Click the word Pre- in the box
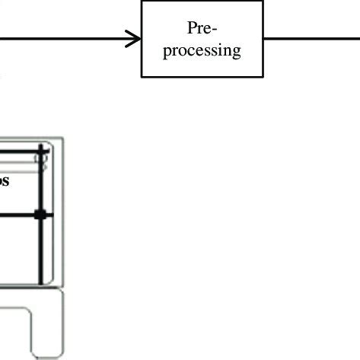click(x=201, y=28)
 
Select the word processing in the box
click(x=202, y=50)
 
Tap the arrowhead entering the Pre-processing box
click(x=135, y=39)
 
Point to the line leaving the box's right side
click(x=312, y=39)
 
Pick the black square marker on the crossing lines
click(x=41, y=215)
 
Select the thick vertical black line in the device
click(x=41, y=251)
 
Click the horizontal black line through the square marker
click(x=19, y=215)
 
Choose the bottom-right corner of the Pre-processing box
click(x=263, y=76)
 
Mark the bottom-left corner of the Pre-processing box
click(x=142, y=76)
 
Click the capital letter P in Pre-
click(x=191, y=28)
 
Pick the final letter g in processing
click(x=236, y=53)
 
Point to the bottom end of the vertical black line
click(x=41, y=283)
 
